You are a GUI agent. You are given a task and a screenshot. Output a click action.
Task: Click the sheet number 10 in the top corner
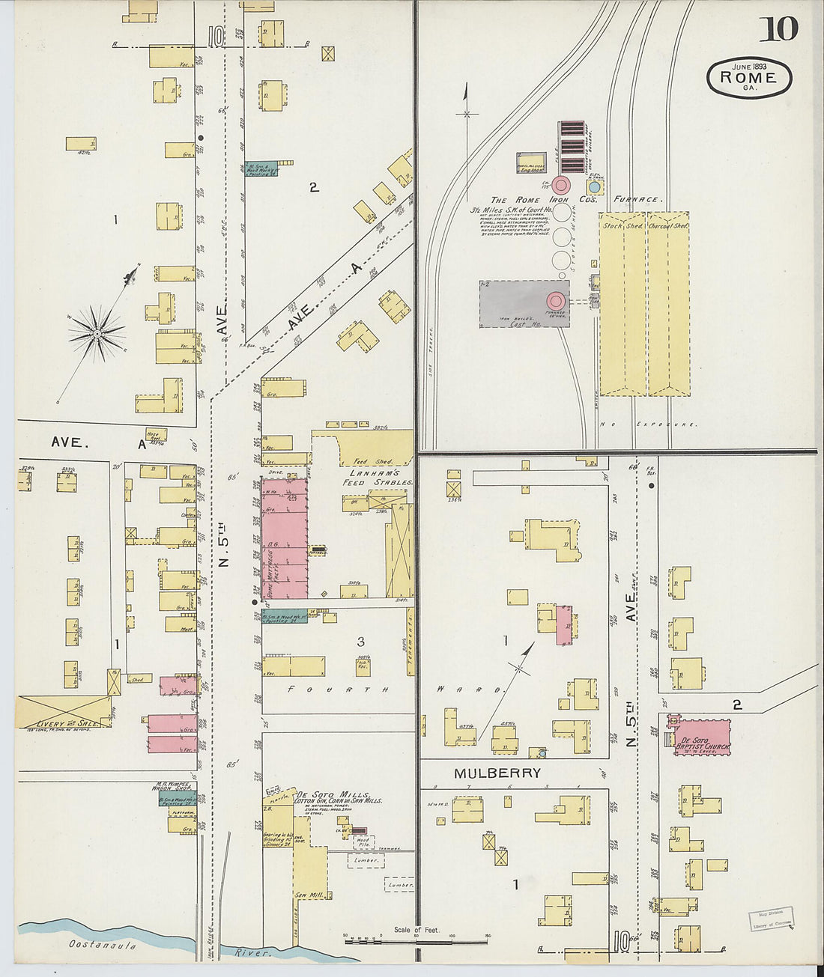(779, 29)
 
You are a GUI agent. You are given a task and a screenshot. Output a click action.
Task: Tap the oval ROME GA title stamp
(749, 78)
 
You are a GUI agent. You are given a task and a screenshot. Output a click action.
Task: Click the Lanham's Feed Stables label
(378, 478)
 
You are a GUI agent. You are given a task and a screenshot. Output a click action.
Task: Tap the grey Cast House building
(517, 304)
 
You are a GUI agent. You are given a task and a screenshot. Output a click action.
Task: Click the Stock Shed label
(622, 225)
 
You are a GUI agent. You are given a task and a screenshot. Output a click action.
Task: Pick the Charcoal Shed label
(667, 225)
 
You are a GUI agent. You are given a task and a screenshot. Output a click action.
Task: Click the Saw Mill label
(308, 895)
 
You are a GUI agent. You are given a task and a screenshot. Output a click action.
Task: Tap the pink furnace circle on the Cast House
(556, 301)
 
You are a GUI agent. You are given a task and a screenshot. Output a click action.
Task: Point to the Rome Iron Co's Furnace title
(575, 200)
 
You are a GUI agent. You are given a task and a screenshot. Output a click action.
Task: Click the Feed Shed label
(372, 461)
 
